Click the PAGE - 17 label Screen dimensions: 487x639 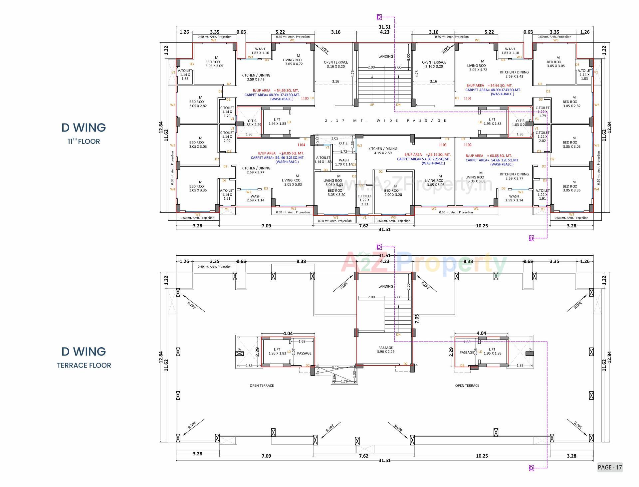click(x=609, y=467)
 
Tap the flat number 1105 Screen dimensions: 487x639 click(x=305, y=99)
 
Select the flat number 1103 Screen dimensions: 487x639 click(x=443, y=145)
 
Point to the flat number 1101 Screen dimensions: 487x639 click(x=468, y=99)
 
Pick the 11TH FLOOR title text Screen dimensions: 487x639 click(x=84, y=141)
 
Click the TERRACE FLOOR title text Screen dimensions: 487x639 click(x=84, y=365)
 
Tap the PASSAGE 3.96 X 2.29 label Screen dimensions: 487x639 click(x=385, y=350)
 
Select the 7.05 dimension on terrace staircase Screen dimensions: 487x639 click(x=417, y=319)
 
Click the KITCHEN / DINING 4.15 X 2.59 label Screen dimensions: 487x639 click(x=383, y=151)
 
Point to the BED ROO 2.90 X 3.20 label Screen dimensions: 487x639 click(x=393, y=193)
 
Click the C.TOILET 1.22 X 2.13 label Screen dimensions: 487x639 click(x=364, y=200)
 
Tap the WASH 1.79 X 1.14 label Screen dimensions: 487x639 click(x=344, y=162)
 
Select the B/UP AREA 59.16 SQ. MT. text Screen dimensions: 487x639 click(x=427, y=155)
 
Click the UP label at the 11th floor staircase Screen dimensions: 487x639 click(x=372, y=105)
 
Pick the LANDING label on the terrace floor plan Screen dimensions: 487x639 click(x=385, y=286)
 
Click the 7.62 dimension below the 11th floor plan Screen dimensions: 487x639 click(x=363, y=226)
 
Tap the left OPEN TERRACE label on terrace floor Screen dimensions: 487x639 click(x=262, y=385)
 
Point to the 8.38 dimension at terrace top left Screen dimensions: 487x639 click(x=301, y=261)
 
